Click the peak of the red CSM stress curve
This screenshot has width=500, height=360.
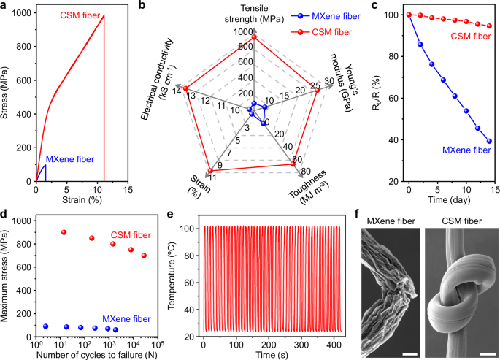point(104,15)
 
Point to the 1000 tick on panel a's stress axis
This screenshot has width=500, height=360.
point(24,14)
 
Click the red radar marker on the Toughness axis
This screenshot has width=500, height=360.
point(293,164)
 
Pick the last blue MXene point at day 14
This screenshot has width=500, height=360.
point(488,141)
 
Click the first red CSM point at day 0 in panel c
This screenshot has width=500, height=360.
point(409,14)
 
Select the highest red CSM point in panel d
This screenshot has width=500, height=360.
point(64,232)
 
